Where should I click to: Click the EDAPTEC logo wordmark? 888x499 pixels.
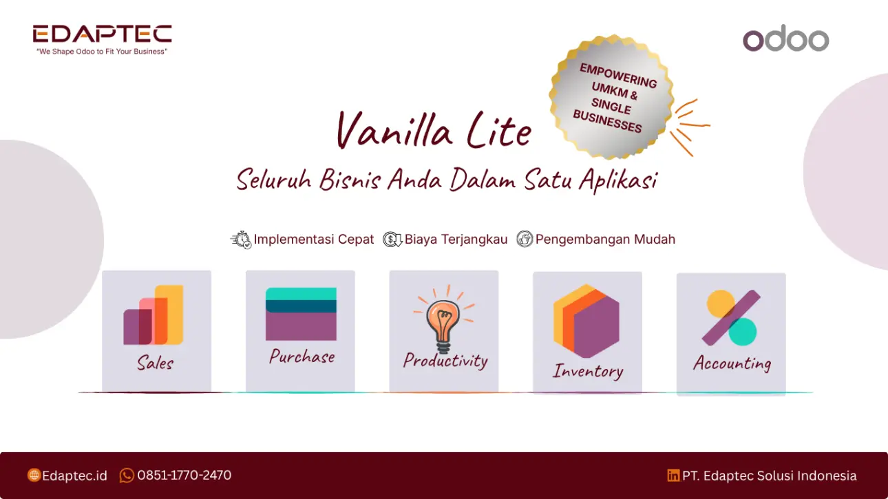[x=103, y=34]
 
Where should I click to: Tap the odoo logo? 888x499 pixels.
[x=785, y=39]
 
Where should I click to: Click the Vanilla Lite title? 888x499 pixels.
[x=434, y=129]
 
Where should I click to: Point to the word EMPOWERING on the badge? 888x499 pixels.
[x=618, y=75]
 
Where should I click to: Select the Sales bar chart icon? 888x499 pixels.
[x=154, y=315]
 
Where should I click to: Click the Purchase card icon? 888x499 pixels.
[x=301, y=314]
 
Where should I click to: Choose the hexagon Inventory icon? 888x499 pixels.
[x=586, y=321]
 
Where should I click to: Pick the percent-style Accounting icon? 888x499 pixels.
[x=732, y=318]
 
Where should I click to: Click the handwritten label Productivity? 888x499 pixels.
[x=445, y=361]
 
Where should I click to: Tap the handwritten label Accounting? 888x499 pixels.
[x=732, y=363]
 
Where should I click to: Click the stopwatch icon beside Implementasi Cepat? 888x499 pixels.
[x=241, y=240]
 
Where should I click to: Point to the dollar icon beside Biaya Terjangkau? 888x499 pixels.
[x=392, y=240]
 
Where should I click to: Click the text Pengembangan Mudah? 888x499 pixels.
[x=605, y=240]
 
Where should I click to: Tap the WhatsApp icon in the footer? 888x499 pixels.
[x=127, y=475]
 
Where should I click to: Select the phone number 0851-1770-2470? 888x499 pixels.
[x=184, y=475]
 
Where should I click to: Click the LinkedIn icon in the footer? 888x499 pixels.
[x=673, y=475]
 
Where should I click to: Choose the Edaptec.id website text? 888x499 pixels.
[x=74, y=476]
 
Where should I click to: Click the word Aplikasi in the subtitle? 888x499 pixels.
[x=617, y=180]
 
